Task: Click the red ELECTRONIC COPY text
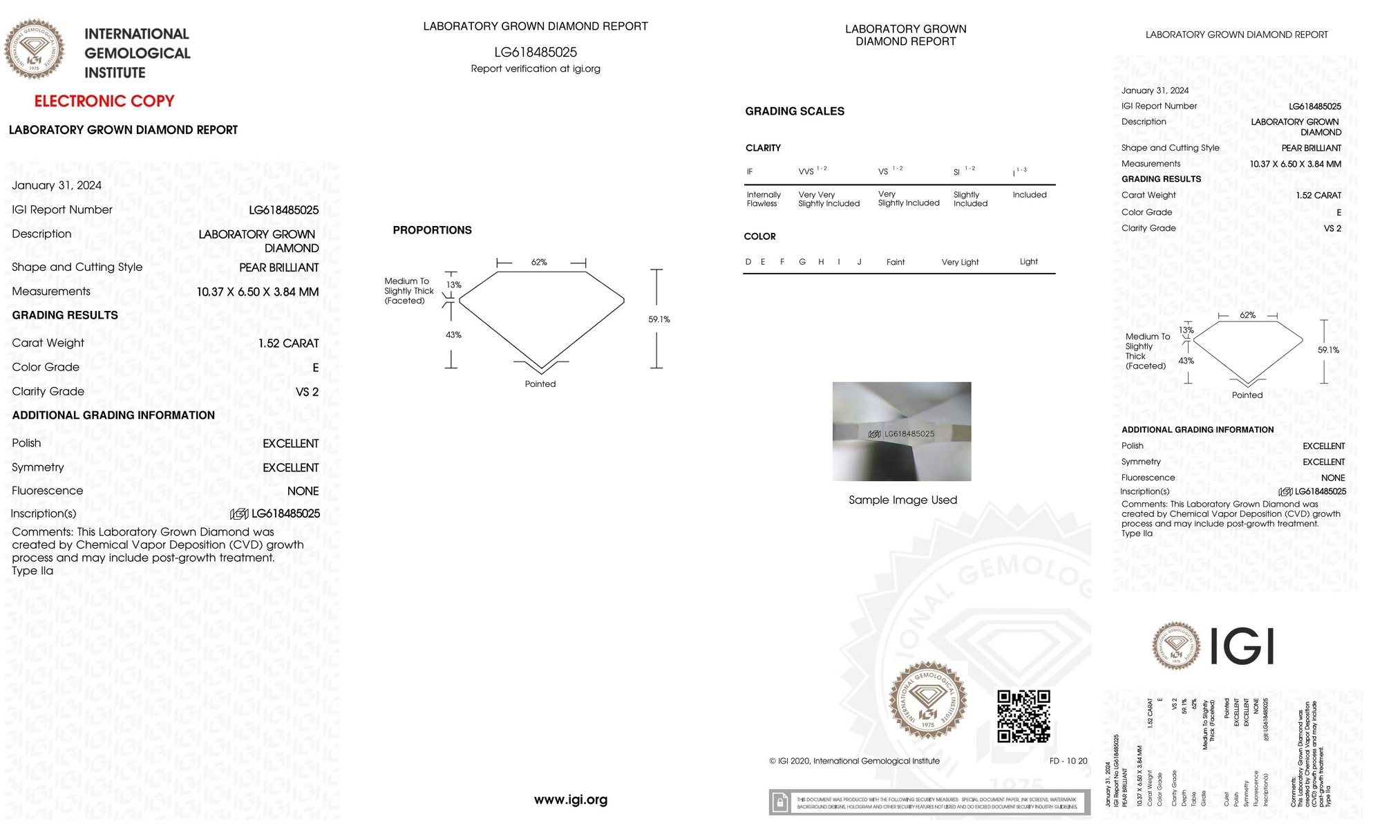click(x=104, y=101)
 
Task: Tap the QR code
click(x=1023, y=716)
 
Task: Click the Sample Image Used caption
click(x=902, y=500)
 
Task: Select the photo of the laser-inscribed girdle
click(x=902, y=431)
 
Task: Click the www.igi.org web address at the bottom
click(x=571, y=800)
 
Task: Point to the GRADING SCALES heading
click(x=795, y=111)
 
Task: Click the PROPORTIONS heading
click(x=432, y=230)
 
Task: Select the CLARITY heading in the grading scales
click(x=763, y=148)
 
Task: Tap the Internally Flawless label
click(x=764, y=199)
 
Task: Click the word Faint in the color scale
click(x=896, y=262)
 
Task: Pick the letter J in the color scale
click(x=859, y=262)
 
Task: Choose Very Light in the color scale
click(x=960, y=262)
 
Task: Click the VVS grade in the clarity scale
click(x=806, y=171)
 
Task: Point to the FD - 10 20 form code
click(x=1068, y=761)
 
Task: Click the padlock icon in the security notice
click(x=780, y=802)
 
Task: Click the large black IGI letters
click(x=1242, y=646)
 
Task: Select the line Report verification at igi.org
click(x=536, y=68)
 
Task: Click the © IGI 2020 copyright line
click(x=854, y=761)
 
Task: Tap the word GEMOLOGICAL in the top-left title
click(x=137, y=53)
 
